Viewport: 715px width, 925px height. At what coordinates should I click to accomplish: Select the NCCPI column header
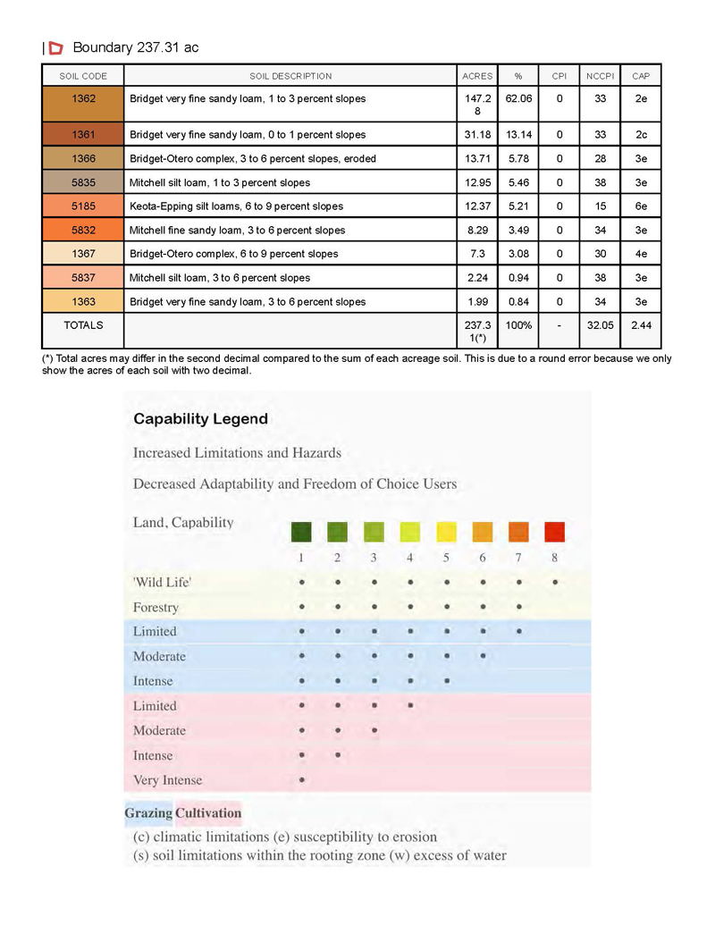[600, 76]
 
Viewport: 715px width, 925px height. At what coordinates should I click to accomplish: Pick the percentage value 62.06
[518, 98]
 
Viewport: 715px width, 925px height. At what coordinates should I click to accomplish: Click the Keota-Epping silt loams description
[236, 206]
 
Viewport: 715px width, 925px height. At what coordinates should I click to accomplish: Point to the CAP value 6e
[641, 206]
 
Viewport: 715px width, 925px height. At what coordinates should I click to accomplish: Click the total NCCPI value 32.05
[600, 325]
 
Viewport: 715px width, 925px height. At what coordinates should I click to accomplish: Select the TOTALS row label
[83, 325]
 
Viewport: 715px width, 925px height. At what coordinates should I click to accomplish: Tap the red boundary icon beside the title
[55, 47]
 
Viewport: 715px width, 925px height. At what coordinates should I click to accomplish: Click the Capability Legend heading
[200, 418]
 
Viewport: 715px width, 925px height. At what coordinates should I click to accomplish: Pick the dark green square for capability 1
[302, 532]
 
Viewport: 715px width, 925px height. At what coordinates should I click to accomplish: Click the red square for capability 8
[555, 532]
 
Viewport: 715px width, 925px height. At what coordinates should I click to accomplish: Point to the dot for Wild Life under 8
[555, 582]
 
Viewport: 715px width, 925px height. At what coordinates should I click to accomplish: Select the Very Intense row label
[167, 779]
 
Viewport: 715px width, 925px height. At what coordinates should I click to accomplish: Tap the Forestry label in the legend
[156, 608]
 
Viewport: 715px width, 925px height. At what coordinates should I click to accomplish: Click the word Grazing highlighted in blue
[147, 812]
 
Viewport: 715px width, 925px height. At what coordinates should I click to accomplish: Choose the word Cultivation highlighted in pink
[208, 812]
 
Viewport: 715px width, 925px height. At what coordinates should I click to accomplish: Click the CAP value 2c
[641, 134]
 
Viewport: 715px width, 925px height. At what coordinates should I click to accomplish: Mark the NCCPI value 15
[600, 206]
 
